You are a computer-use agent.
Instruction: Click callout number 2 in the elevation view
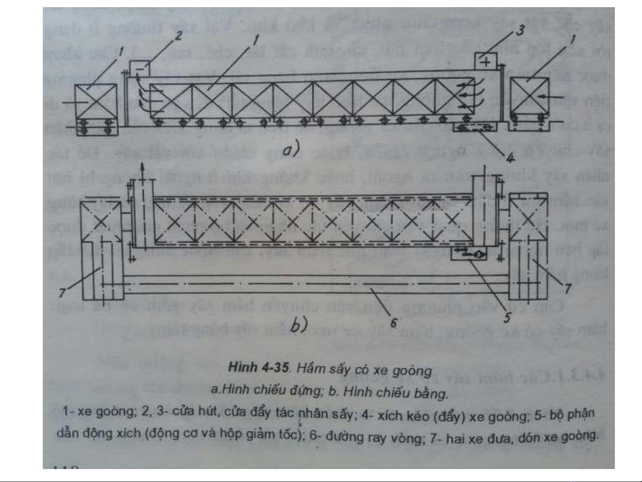[179, 36]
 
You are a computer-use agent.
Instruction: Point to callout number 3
[520, 30]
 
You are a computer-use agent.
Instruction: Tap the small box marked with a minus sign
[139, 68]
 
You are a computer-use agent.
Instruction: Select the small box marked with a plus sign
[485, 61]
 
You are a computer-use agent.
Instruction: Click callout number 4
[511, 157]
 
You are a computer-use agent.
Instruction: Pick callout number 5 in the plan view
[507, 317]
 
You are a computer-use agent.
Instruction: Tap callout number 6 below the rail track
[393, 322]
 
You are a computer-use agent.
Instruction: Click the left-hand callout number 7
[62, 292]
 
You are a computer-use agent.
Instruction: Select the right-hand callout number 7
[568, 289]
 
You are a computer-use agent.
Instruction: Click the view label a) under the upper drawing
[291, 149]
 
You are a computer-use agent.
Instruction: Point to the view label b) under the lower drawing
[299, 325]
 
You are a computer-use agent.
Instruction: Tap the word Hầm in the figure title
[311, 369]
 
